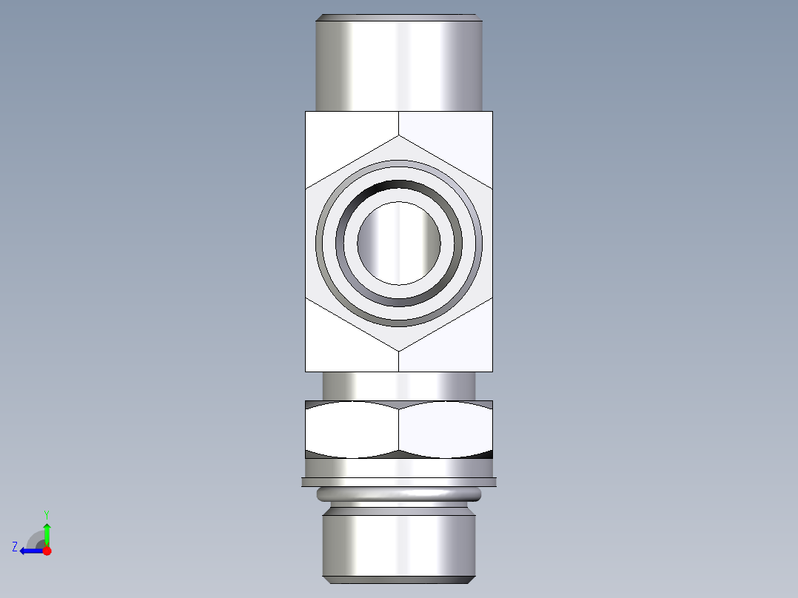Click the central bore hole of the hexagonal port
click(399, 242)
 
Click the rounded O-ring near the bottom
click(399, 494)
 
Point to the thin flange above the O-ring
click(399, 482)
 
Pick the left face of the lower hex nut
click(352, 429)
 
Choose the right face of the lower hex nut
click(446, 429)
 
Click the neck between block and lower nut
click(399, 386)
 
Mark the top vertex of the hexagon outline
click(399, 135)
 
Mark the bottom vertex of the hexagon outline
click(399, 350)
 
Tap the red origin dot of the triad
click(47, 551)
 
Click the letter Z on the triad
click(15, 547)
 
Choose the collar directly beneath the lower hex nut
click(399, 468)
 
